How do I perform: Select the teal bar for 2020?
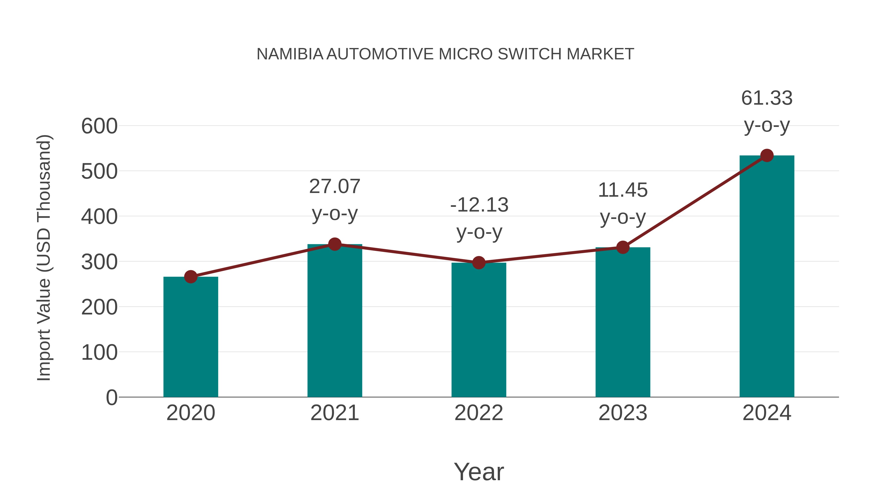pyautogui.click(x=191, y=337)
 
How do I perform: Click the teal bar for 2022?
pyautogui.click(x=479, y=330)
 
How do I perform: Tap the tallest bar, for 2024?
pyautogui.click(x=767, y=277)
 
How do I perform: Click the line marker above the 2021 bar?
pyautogui.click(x=334, y=244)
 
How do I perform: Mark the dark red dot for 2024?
pyautogui.click(x=767, y=156)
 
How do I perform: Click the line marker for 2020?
pyautogui.click(x=191, y=277)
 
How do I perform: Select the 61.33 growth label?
pyautogui.click(x=767, y=98)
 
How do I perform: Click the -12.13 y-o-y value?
pyautogui.click(x=479, y=205)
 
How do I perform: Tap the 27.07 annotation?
pyautogui.click(x=334, y=187)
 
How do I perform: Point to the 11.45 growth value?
pyautogui.click(x=623, y=191)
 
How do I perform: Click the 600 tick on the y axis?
pyautogui.click(x=99, y=126)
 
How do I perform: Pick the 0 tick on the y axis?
pyautogui.click(x=111, y=398)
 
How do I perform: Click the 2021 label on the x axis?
pyautogui.click(x=334, y=413)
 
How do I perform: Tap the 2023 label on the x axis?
pyautogui.click(x=623, y=413)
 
